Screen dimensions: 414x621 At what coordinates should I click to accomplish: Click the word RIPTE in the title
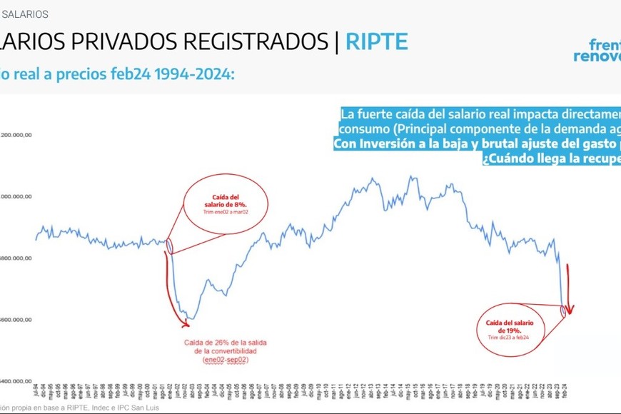tap(377, 41)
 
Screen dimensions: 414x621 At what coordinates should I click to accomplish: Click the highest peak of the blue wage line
tap(410, 176)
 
